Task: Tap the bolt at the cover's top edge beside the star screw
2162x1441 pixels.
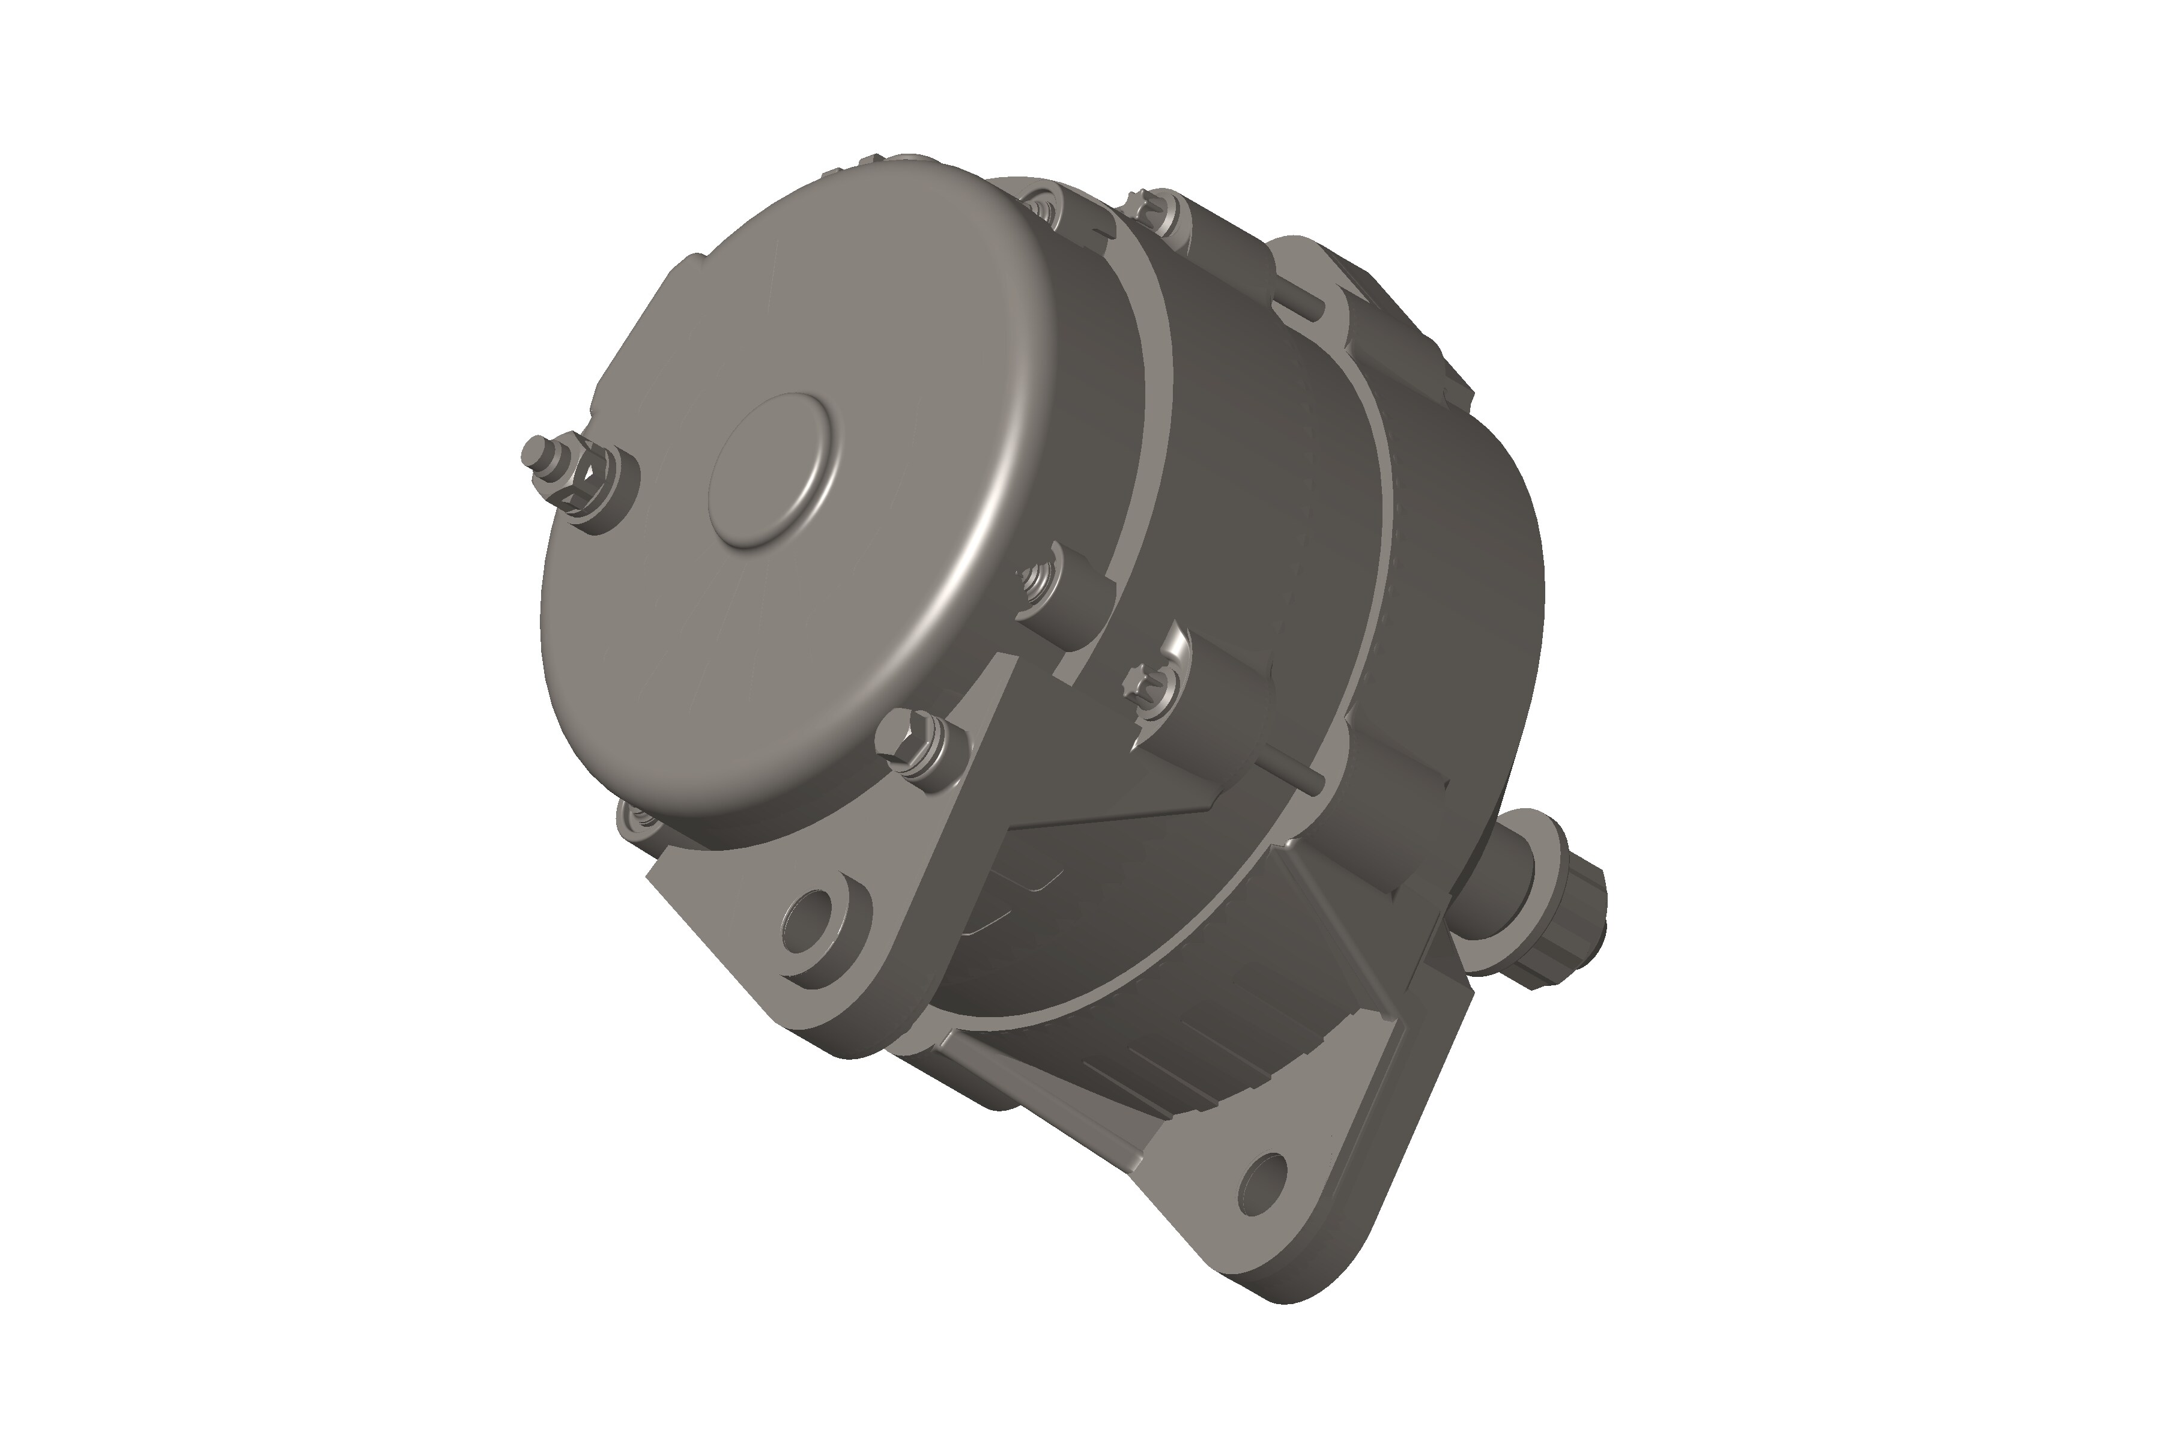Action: (x=1043, y=207)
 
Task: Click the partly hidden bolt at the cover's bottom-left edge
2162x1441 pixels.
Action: (x=634, y=817)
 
